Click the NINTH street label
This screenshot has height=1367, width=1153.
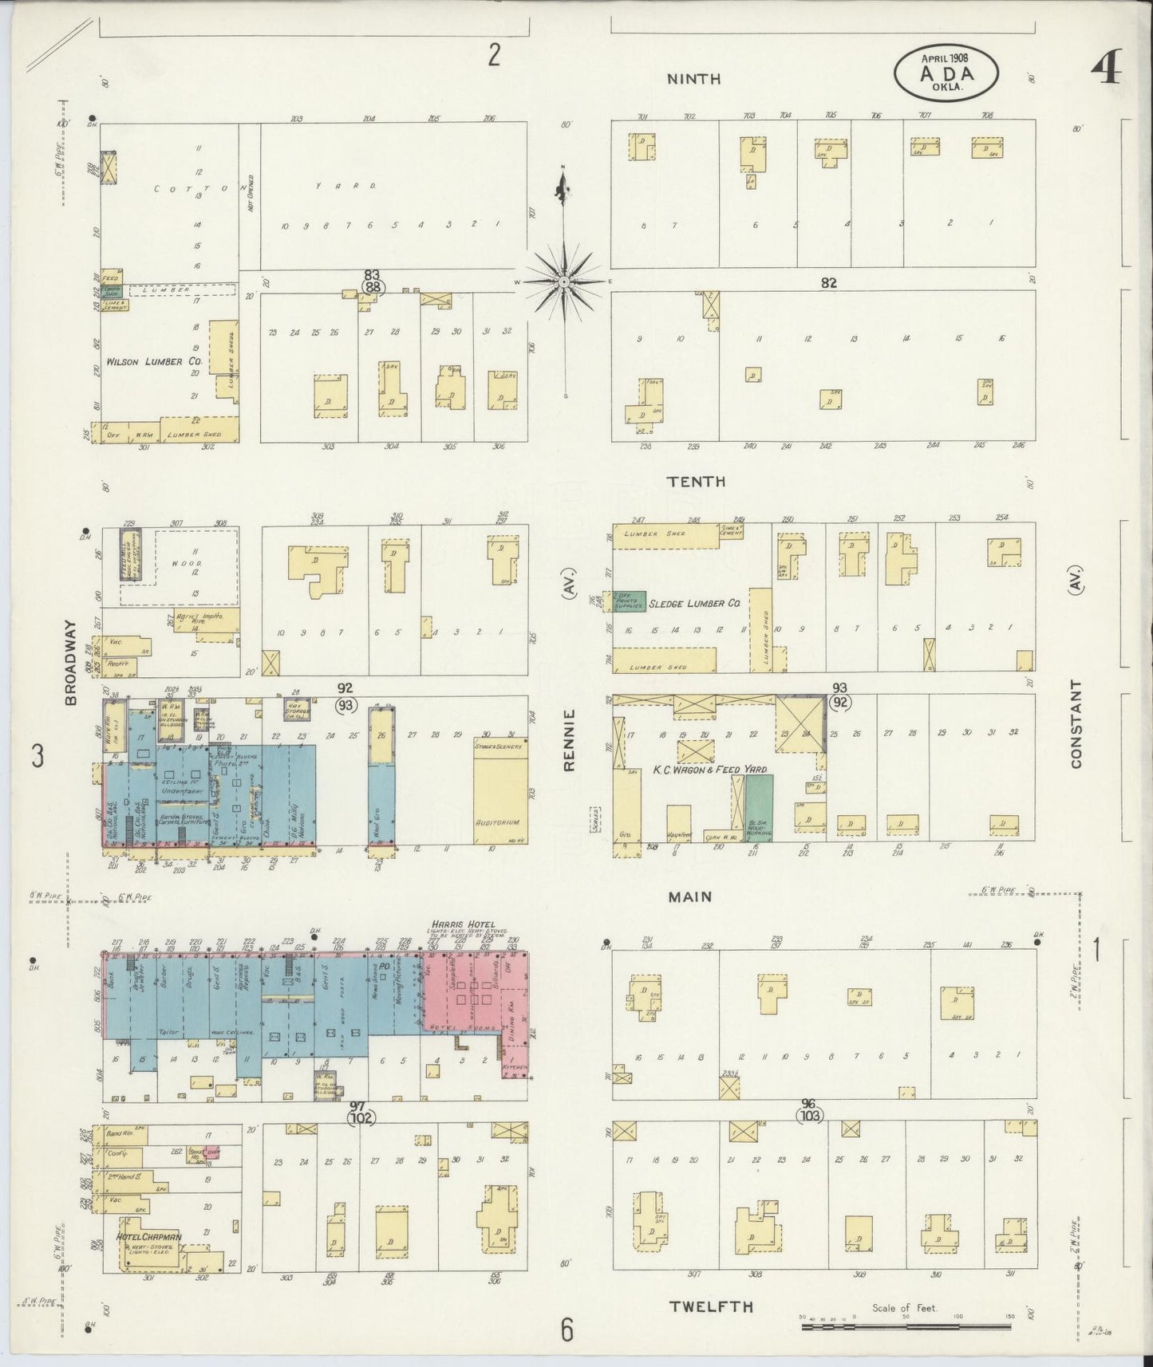(x=693, y=78)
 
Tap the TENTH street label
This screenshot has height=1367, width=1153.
(x=697, y=481)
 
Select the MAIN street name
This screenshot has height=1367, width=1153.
(x=690, y=896)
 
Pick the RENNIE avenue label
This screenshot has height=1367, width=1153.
(x=569, y=741)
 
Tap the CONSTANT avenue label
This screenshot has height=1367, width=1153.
(x=1076, y=723)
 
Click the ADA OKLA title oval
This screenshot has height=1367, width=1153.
(x=946, y=70)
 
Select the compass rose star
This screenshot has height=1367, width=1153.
(x=564, y=282)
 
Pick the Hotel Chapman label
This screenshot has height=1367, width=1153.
(x=148, y=1259)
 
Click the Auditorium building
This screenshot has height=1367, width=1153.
(x=499, y=798)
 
